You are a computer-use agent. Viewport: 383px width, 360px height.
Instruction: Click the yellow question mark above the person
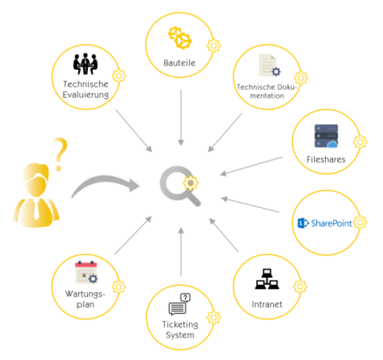pos(60,154)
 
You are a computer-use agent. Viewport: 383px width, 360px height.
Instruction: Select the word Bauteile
pos(180,63)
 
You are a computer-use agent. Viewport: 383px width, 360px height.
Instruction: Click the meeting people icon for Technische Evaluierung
pos(85,64)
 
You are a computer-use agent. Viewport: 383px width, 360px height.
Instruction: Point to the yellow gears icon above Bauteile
pos(180,38)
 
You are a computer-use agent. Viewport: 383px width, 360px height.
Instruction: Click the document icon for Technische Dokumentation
pos(269,65)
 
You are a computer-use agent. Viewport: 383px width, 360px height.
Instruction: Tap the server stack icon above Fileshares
pos(326,136)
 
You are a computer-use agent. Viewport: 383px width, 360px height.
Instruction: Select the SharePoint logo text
pos(331,223)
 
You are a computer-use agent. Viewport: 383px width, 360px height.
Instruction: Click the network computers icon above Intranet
pos(267,279)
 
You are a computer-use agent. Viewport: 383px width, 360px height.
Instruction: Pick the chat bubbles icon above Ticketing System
pos(180,304)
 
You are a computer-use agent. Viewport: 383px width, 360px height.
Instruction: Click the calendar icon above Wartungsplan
pos(86,272)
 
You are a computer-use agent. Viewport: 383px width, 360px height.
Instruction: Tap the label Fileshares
pos(326,160)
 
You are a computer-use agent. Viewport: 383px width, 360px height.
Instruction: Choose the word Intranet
pos(267,304)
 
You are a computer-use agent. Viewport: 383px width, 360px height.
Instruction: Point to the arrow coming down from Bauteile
pos(181,118)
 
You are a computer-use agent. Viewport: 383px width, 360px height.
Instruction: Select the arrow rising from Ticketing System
pos(181,251)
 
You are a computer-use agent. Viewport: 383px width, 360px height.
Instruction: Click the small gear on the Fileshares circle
pos(360,142)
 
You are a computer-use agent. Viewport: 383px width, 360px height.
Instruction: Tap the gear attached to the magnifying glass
pos(191,183)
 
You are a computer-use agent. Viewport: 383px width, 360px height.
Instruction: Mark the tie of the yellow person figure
pos(36,209)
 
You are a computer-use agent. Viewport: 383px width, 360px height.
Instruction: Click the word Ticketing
pos(180,324)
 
